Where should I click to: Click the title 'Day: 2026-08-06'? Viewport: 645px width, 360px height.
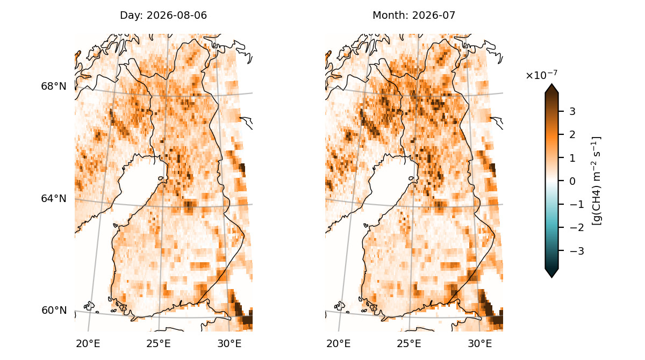(x=163, y=15)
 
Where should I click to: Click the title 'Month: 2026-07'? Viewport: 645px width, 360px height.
(x=414, y=15)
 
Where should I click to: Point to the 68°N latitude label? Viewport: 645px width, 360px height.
(x=54, y=86)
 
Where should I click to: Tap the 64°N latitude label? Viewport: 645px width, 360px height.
(x=54, y=198)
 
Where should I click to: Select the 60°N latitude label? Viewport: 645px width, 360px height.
(x=54, y=310)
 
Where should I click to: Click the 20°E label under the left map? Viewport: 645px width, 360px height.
(x=88, y=343)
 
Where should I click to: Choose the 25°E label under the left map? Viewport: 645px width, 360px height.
(x=159, y=343)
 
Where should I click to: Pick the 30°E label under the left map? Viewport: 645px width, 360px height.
(x=230, y=343)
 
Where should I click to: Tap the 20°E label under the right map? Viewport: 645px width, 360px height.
(x=338, y=343)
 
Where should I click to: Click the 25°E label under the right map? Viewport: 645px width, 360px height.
(x=409, y=343)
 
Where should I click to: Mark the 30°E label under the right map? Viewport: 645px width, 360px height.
(x=480, y=343)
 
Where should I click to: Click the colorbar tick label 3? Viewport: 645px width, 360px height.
(x=572, y=111)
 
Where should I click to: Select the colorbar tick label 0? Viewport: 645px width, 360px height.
(x=572, y=181)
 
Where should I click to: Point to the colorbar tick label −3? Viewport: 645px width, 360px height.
(x=577, y=251)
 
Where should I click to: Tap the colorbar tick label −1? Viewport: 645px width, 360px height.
(x=577, y=204)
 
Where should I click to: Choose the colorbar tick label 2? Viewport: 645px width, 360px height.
(x=572, y=135)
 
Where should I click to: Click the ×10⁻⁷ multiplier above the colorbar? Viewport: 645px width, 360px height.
(x=541, y=75)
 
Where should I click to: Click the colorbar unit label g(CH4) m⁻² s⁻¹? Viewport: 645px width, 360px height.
(x=596, y=181)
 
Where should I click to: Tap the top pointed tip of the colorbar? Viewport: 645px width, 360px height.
(x=551, y=84)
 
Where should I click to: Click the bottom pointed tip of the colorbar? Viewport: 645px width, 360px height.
(x=551, y=278)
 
